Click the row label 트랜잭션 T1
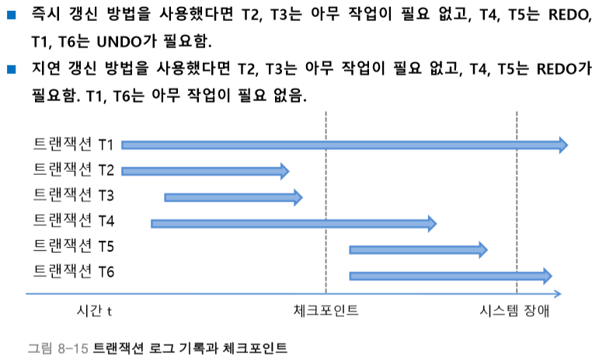[75, 145]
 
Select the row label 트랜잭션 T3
[75, 194]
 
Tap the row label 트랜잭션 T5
[75, 246]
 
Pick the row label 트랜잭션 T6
[75, 272]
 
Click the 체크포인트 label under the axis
[326, 312]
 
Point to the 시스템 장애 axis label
[514, 312]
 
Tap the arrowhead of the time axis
[558, 294]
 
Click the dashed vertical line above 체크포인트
[326, 202]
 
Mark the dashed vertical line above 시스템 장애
[517, 202]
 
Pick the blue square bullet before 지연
[11, 70]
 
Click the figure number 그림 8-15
[57, 347]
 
